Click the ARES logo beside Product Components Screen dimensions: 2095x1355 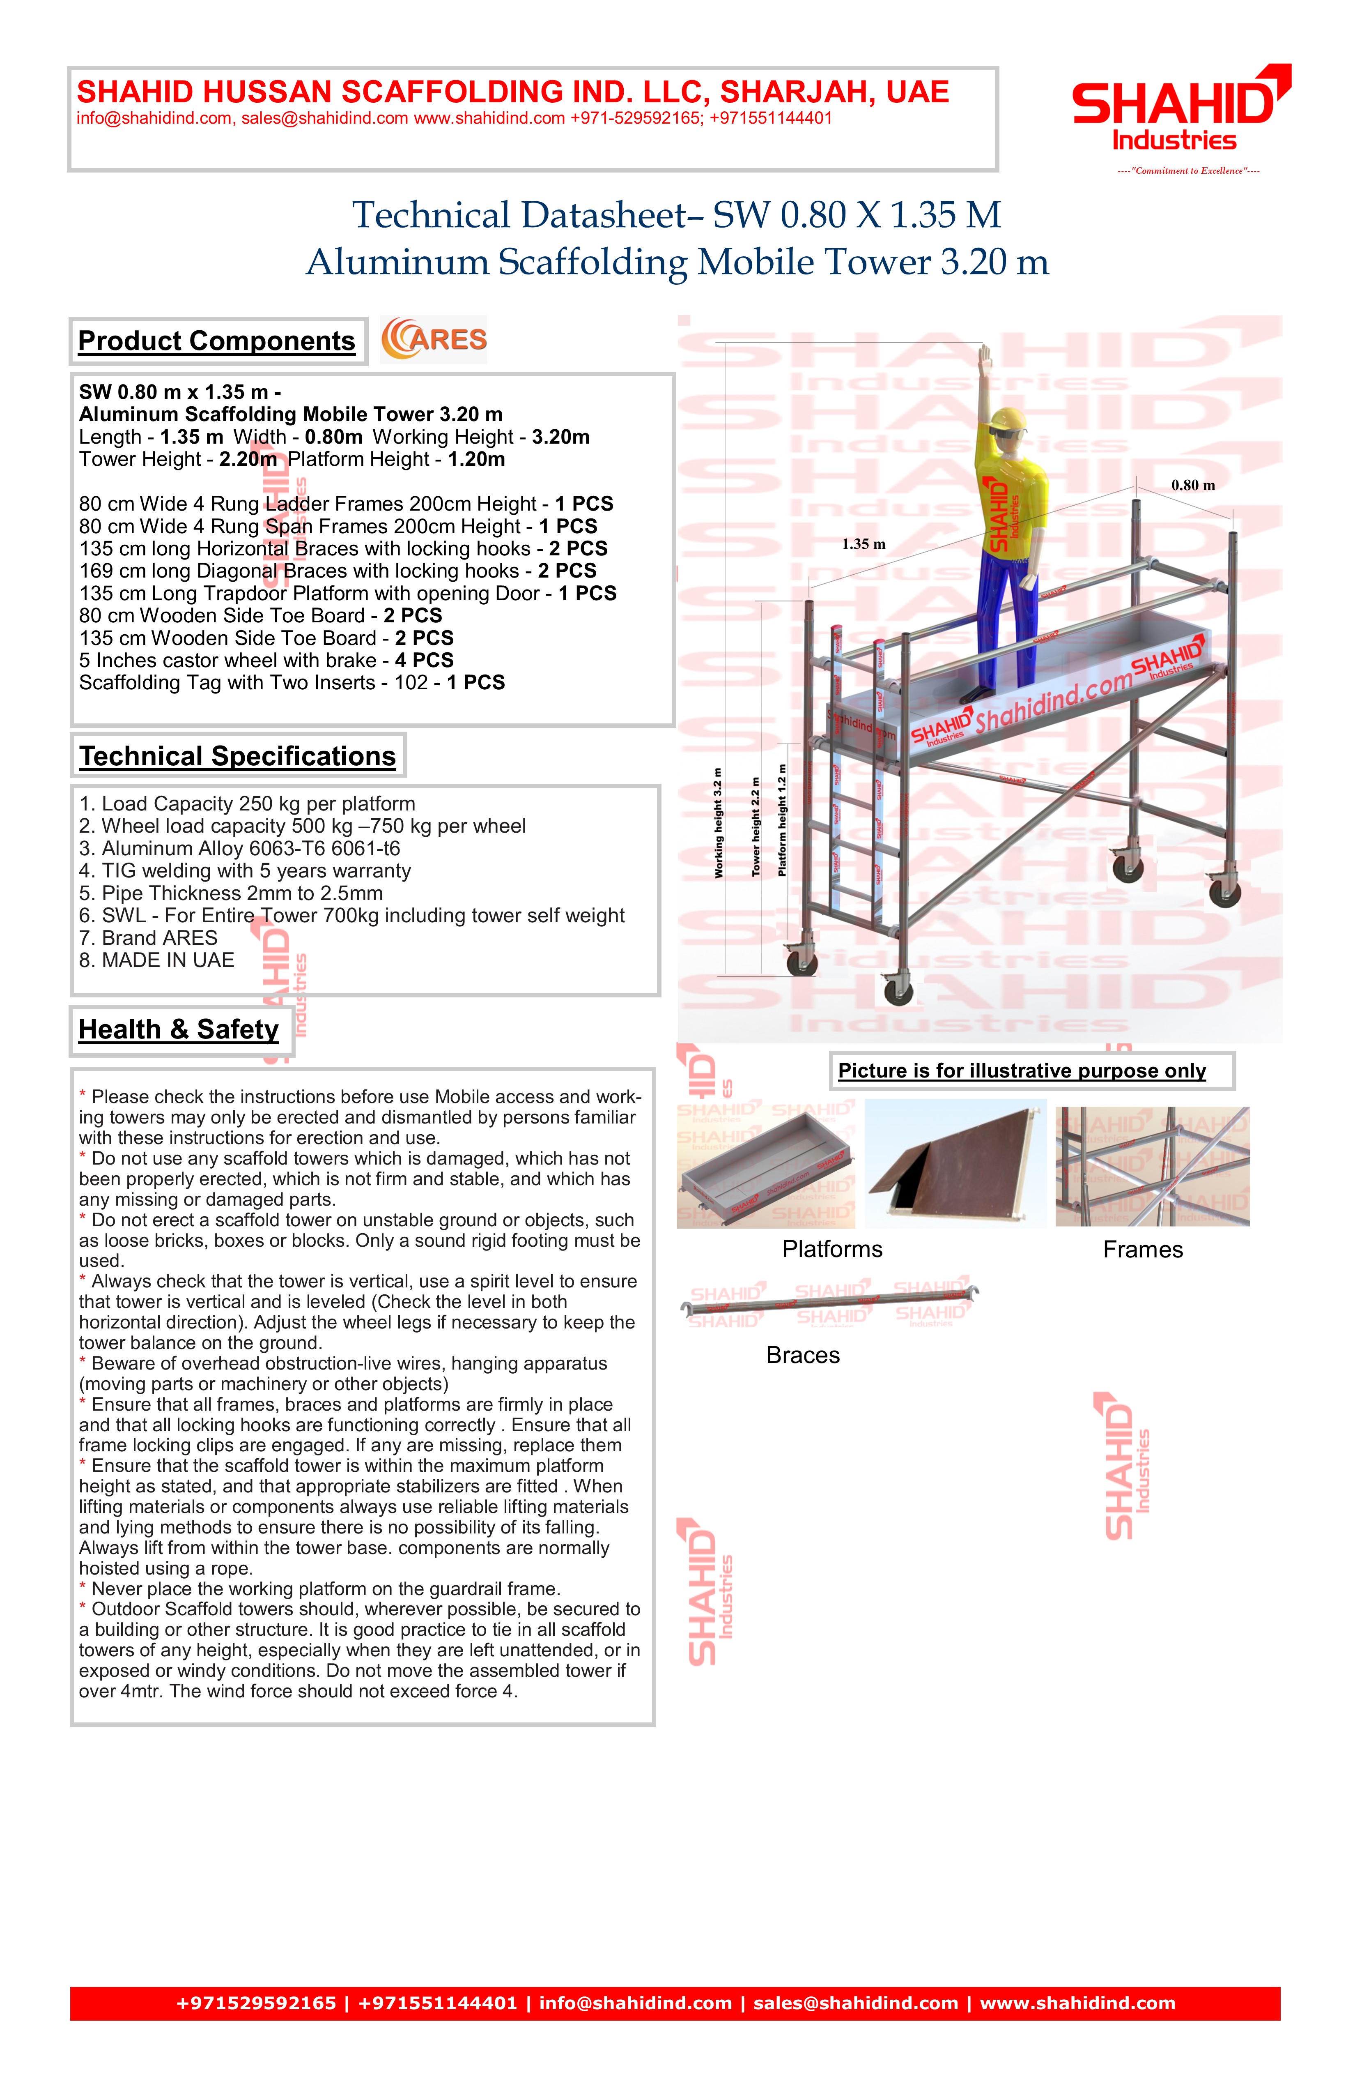[434, 340]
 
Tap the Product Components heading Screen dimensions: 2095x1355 [216, 341]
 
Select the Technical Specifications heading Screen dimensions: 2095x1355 [238, 756]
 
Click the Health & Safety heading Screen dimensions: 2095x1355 [179, 1029]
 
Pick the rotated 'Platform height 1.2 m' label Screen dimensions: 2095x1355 [782, 820]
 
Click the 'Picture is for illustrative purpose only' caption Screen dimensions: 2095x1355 [1022, 1071]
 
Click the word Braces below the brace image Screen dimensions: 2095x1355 [802, 1355]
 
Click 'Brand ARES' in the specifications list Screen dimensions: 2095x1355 [148, 937]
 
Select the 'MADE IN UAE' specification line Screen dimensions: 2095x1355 [156, 960]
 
